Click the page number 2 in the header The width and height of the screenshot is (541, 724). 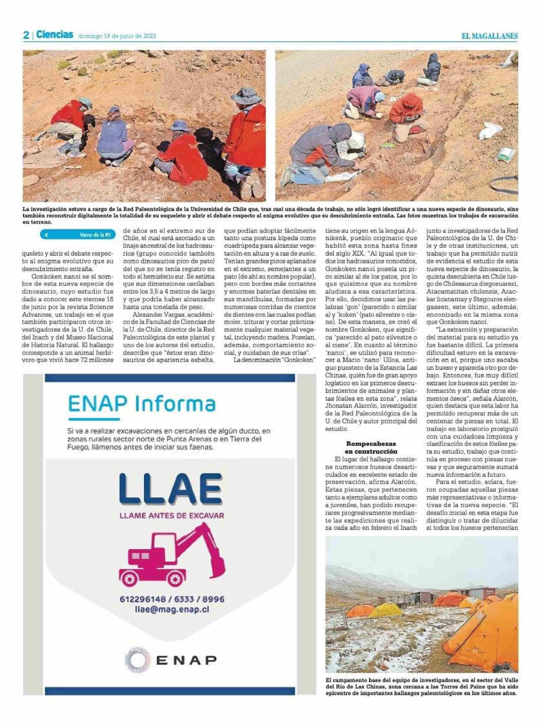[26, 35]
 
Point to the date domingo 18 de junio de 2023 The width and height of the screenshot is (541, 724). [117, 36]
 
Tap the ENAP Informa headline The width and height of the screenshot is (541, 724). [142, 404]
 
